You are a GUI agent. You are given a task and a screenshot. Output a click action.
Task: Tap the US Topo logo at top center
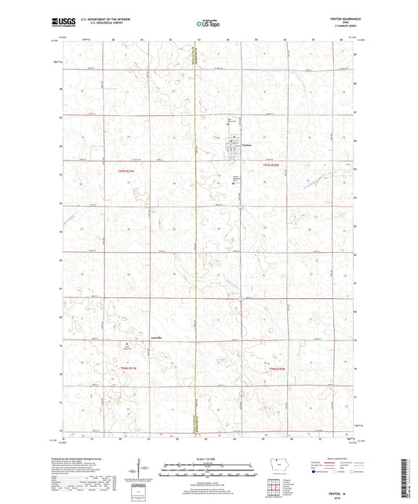[207, 24]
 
